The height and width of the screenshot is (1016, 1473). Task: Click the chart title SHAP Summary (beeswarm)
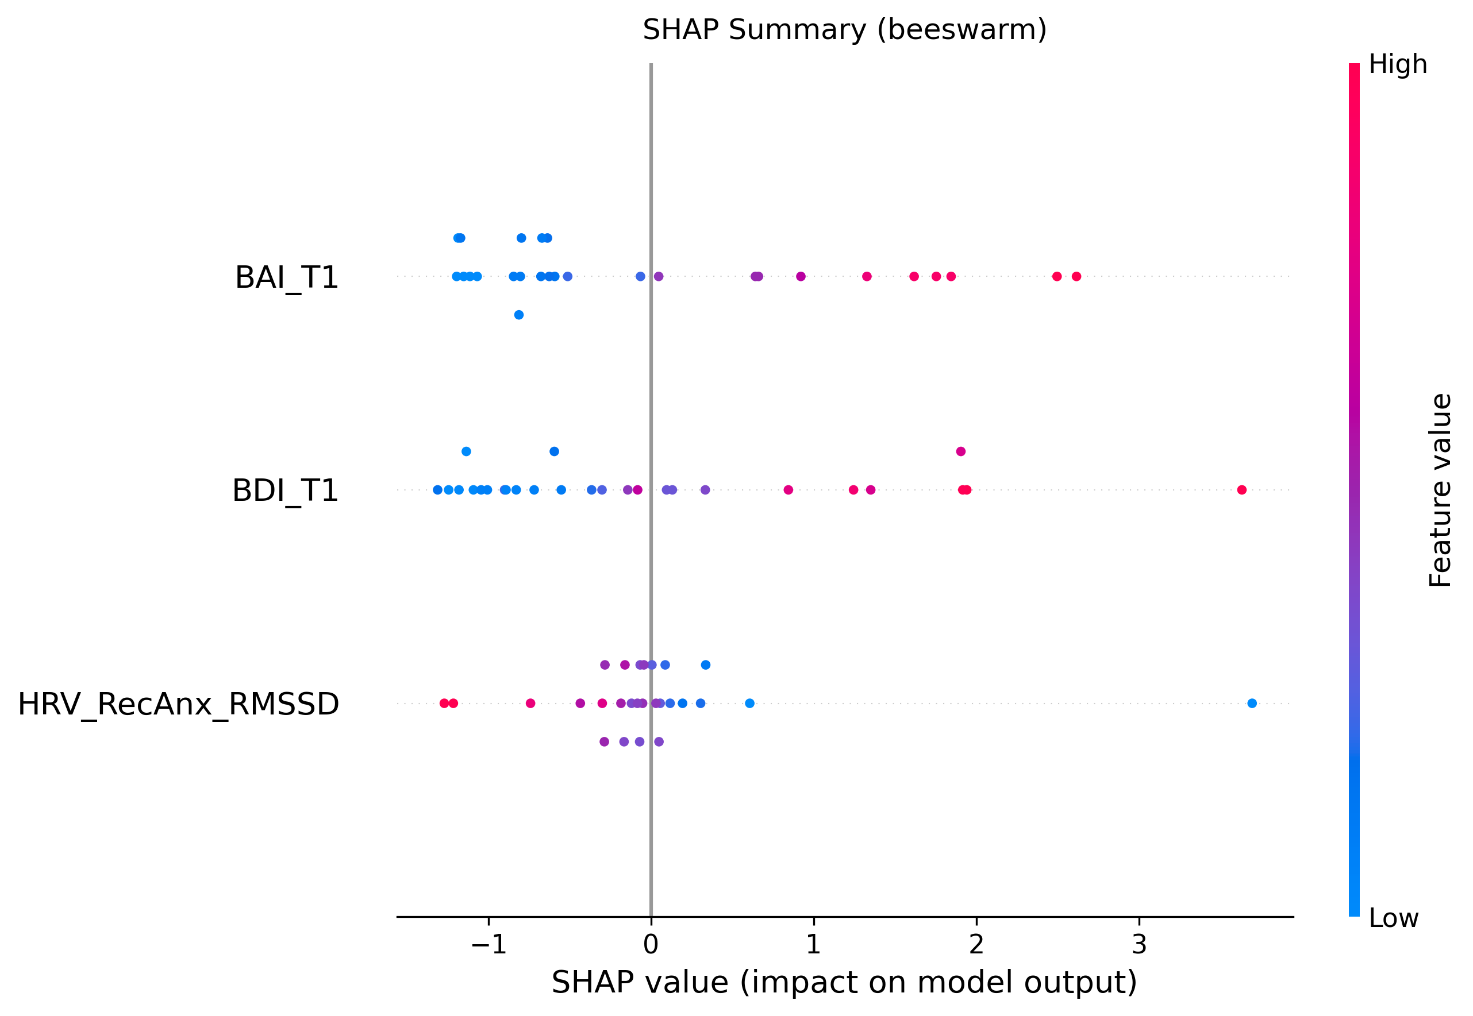tap(844, 30)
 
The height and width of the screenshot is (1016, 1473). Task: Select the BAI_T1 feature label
tap(287, 277)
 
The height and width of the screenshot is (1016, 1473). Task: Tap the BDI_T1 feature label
tap(284, 491)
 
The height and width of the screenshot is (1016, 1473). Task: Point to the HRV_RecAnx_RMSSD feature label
tap(178, 704)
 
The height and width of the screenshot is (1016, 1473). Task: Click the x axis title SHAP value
tap(844, 983)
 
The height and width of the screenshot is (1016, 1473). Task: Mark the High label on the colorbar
tap(1398, 64)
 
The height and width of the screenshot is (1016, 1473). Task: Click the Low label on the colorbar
tap(1393, 918)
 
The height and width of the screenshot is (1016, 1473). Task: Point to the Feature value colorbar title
tap(1440, 490)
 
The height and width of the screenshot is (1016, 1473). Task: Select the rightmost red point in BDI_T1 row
tap(1242, 489)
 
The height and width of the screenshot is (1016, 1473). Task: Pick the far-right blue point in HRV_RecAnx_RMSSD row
tap(1252, 704)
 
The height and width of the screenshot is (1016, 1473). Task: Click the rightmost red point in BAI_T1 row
tap(1076, 276)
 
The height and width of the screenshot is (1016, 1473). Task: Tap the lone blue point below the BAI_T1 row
tap(519, 315)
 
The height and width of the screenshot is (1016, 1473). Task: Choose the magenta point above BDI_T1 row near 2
tap(961, 451)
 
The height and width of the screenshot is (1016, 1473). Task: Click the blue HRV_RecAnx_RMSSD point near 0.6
tap(749, 704)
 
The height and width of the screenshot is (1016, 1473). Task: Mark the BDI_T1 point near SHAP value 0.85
tap(789, 489)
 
